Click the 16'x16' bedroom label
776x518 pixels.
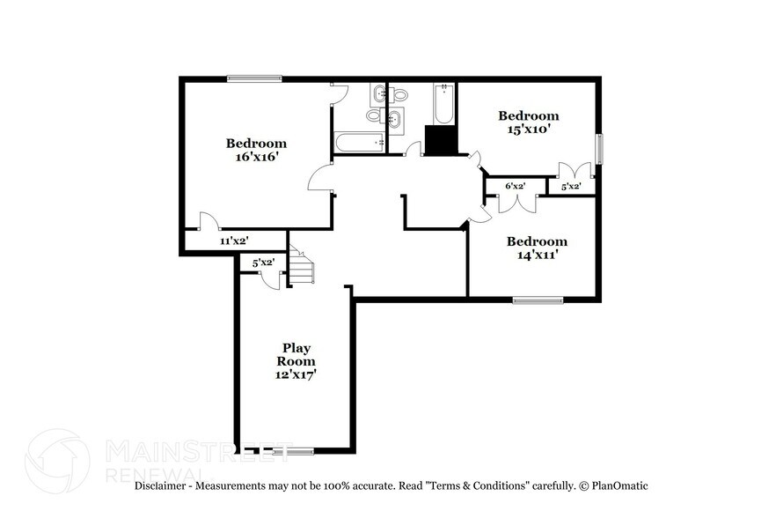[x=256, y=151]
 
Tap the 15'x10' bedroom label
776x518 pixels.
[x=528, y=122]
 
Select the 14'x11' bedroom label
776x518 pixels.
[x=537, y=248]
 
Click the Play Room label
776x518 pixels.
[x=296, y=360]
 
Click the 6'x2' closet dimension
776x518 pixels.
[x=515, y=186]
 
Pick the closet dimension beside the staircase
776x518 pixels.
[x=263, y=263]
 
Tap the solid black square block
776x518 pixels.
[x=442, y=141]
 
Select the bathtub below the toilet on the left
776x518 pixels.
[x=359, y=143]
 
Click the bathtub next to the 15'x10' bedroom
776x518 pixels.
[x=443, y=104]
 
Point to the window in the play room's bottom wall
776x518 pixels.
[x=292, y=452]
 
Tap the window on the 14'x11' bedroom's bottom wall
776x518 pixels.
[x=538, y=300]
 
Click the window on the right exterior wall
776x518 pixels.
[x=600, y=148]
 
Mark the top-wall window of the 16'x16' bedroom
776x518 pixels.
[x=254, y=79]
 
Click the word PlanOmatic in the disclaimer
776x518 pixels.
[x=618, y=485]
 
